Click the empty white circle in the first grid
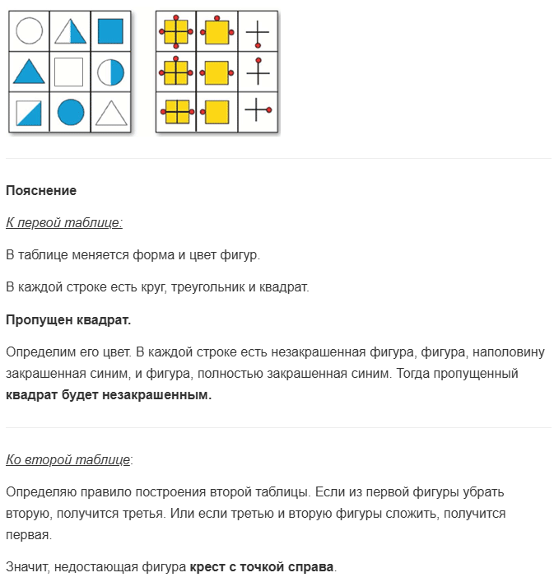click(x=29, y=31)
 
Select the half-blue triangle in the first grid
click(x=70, y=31)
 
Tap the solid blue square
click(x=110, y=31)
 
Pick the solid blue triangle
click(x=29, y=72)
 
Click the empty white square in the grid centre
click(x=70, y=72)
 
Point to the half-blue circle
click(x=110, y=72)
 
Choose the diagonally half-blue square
click(x=29, y=112)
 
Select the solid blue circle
click(x=70, y=112)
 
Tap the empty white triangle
click(x=110, y=112)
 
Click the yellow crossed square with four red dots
click(x=176, y=32)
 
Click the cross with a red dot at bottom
click(x=258, y=32)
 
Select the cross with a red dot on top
click(x=258, y=72)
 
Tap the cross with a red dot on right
click(x=258, y=110)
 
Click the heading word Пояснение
click(x=41, y=191)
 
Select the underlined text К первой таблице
click(x=64, y=222)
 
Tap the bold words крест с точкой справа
click(x=263, y=566)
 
